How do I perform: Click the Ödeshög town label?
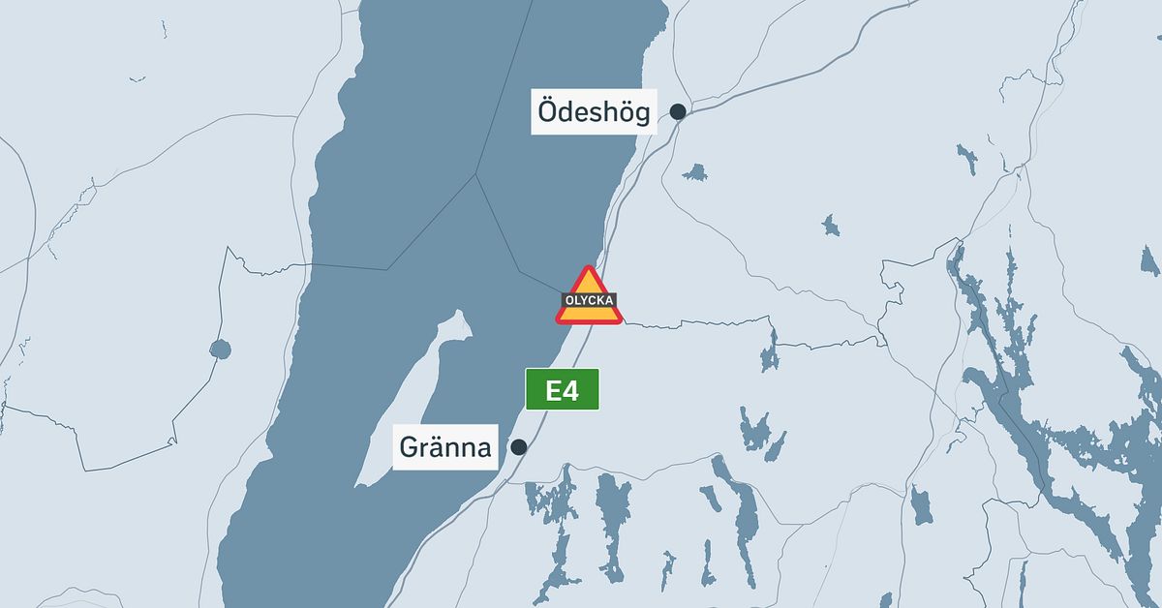point(595,112)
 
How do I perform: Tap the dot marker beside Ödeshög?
point(678,111)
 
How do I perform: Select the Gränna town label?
point(446,448)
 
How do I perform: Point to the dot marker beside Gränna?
point(519,447)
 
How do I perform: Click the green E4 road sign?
point(562,389)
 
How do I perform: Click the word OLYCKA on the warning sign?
point(588,301)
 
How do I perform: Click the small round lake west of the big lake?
point(220,349)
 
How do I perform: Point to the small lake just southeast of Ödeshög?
point(694,173)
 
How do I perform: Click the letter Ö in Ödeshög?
point(549,111)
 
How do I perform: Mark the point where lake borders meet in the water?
point(475,175)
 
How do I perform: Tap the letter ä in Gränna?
point(438,448)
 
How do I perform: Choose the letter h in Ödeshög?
point(608,112)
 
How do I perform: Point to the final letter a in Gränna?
point(481,450)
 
